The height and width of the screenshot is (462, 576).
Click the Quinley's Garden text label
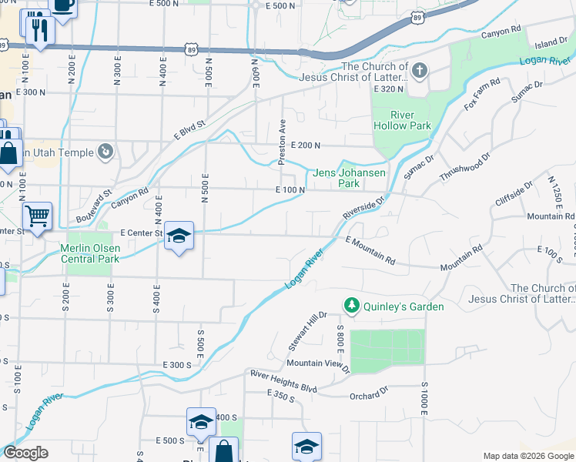click(405, 306)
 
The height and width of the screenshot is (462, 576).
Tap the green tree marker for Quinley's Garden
click(352, 306)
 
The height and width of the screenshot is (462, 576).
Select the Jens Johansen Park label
click(349, 179)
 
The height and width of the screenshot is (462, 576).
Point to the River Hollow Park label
click(401, 120)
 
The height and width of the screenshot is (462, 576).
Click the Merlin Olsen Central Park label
click(90, 253)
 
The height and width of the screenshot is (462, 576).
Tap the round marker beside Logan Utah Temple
click(106, 152)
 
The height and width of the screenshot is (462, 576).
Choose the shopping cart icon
click(37, 216)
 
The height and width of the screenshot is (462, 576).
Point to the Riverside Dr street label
click(363, 206)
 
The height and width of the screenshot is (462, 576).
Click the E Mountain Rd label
click(370, 252)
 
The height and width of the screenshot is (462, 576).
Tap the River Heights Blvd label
click(283, 380)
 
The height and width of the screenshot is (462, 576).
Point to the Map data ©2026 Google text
click(527, 456)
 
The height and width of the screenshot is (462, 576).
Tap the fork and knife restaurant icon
click(37, 30)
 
